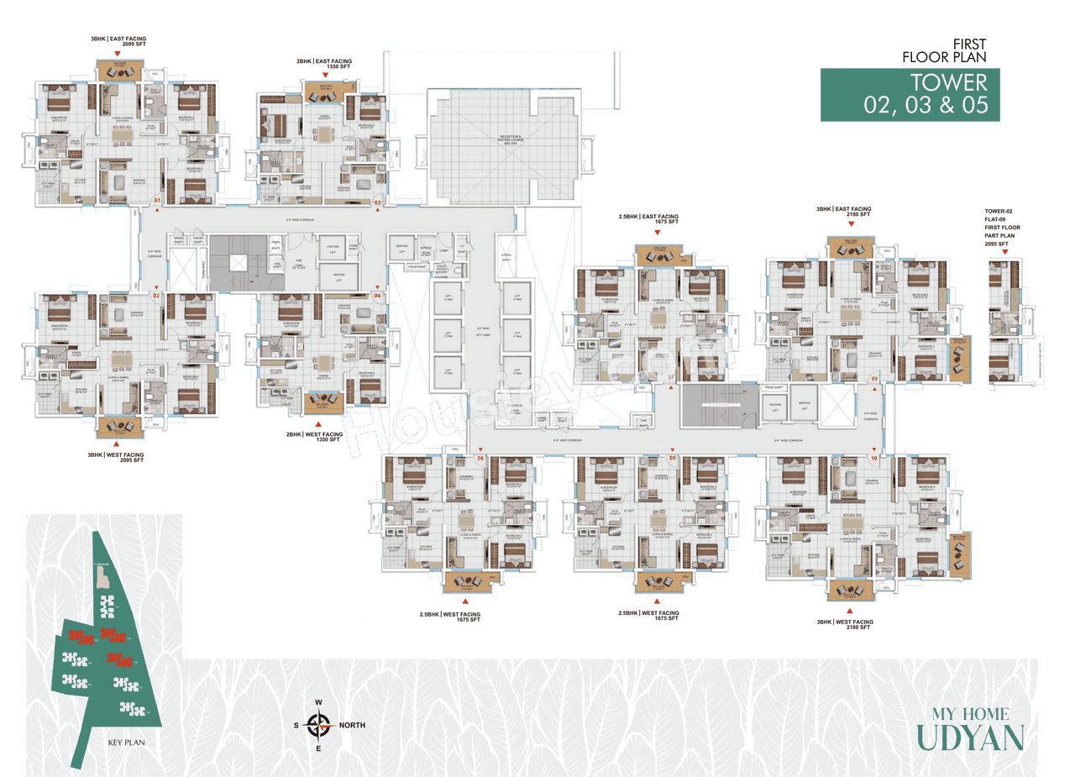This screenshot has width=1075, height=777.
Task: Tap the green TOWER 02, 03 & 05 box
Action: click(x=910, y=94)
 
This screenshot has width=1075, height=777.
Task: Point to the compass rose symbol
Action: click(x=318, y=724)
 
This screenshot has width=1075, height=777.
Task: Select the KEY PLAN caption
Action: click(x=128, y=743)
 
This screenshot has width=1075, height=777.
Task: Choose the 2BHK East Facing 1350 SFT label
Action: click(x=323, y=65)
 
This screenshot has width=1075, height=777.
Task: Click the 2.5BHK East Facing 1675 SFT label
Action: click(x=648, y=220)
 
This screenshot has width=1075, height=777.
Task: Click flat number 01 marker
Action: click(x=156, y=200)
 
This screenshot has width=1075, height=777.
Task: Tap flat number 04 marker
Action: click(x=377, y=296)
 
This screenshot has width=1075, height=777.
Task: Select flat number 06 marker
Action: click(x=480, y=458)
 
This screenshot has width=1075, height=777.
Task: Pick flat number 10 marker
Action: click(x=873, y=458)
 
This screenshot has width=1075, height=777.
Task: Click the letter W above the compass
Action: click(x=318, y=702)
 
